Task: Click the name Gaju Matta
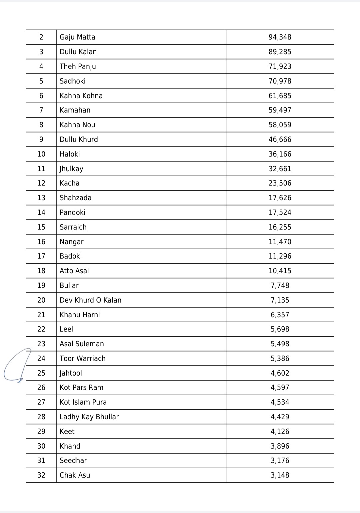[x=77, y=37]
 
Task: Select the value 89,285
[x=280, y=52]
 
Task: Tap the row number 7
[x=41, y=110]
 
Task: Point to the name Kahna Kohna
[x=81, y=96]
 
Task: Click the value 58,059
[x=280, y=125]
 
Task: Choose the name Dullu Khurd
[x=79, y=140]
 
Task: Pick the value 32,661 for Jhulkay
[x=280, y=169]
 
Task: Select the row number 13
[x=41, y=198]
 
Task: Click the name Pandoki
[x=72, y=213]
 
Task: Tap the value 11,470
[x=280, y=242]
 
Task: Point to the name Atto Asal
[x=74, y=271]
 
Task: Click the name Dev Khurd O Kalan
[x=90, y=300]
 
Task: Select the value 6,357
[x=280, y=315]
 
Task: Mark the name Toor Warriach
[x=82, y=359]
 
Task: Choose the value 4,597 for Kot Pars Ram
[x=280, y=388]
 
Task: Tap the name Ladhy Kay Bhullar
[x=89, y=417]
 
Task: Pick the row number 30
[x=41, y=446]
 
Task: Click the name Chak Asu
[x=75, y=475]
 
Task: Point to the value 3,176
[x=280, y=461]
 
